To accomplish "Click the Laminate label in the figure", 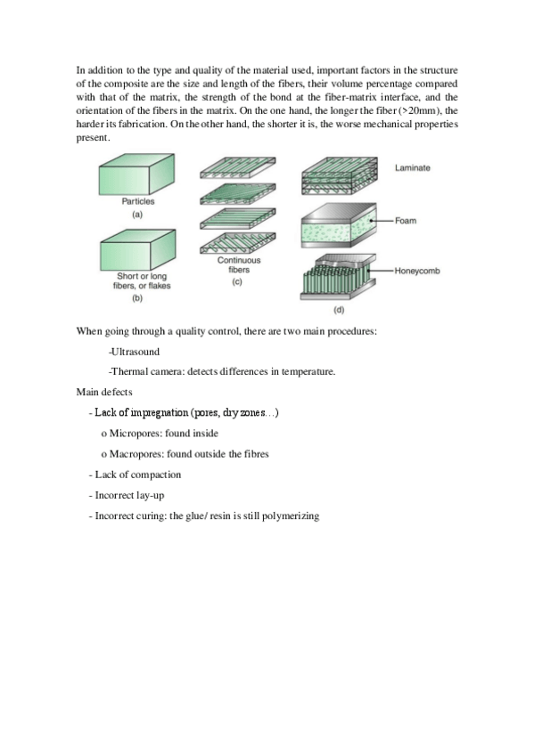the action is click(412, 167).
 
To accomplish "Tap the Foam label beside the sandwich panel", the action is click(406, 221).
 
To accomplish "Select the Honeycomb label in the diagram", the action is click(417, 271).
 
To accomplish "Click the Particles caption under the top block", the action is click(138, 201).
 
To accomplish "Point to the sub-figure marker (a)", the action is click(137, 215).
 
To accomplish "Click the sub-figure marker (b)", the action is click(137, 297).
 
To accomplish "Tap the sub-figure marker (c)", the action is click(237, 281).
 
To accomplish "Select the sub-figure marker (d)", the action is click(339, 310).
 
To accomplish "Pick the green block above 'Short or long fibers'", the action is click(138, 249).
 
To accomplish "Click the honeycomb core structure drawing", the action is click(338, 277).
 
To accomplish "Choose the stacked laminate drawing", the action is click(340, 175).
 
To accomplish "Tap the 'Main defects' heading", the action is click(104, 392).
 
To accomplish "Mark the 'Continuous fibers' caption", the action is click(239, 264).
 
